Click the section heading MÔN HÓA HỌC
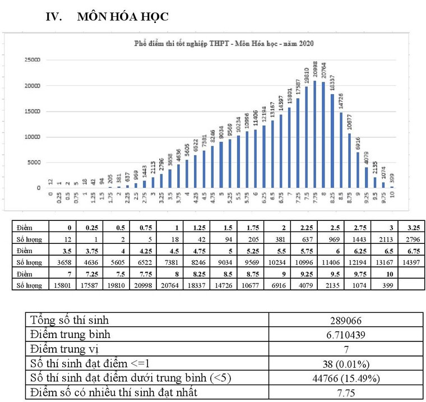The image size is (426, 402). [123, 17]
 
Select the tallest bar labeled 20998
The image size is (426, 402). [314, 135]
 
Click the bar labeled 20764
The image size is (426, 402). [323, 135]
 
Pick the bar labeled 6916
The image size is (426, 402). [358, 170]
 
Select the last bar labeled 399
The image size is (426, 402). [392, 187]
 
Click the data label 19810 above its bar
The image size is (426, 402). [306, 72]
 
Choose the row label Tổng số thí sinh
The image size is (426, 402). [70, 321]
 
